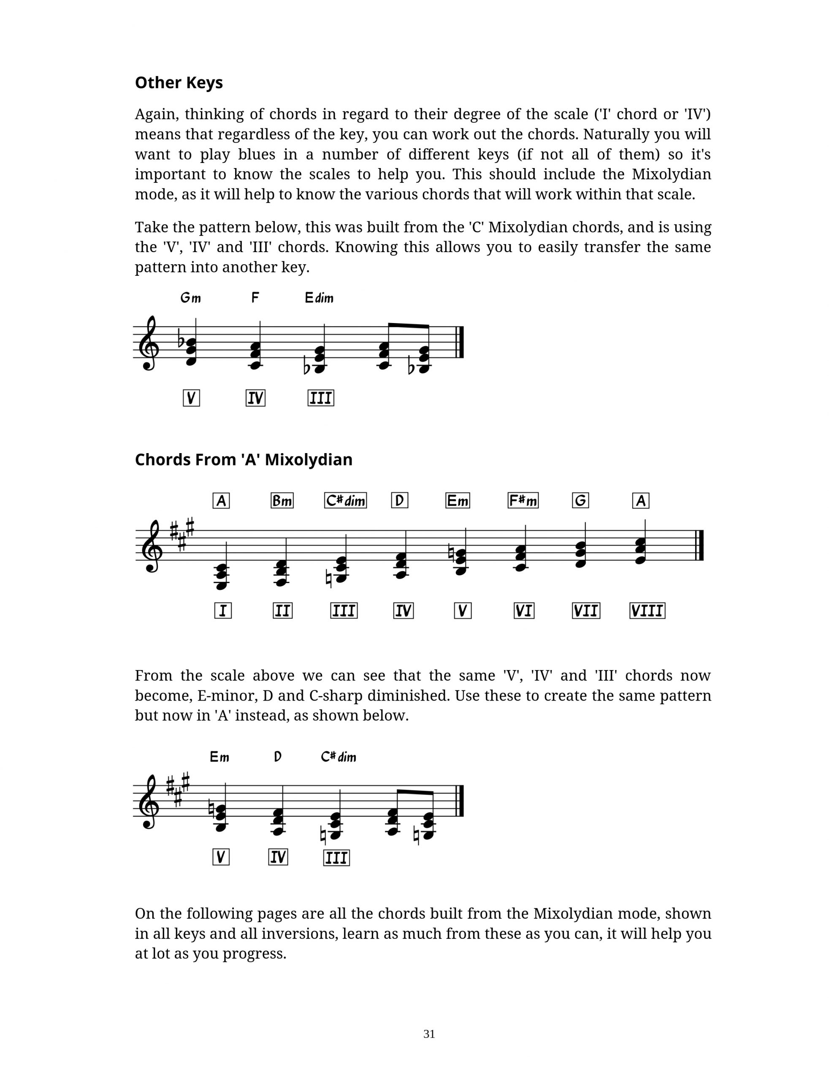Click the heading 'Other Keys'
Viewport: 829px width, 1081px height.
[179, 83]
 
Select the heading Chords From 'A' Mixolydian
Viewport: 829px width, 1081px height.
[243, 459]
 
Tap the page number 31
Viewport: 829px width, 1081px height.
[429, 1034]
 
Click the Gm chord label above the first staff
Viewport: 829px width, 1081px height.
[190, 298]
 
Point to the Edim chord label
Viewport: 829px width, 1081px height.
[319, 298]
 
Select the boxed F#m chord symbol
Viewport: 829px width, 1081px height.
[523, 500]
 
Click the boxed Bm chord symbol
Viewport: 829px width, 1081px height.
[282, 500]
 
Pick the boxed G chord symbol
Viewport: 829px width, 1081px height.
[580, 500]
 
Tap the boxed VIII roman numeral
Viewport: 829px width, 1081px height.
[647, 611]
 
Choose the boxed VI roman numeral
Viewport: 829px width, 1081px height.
[523, 611]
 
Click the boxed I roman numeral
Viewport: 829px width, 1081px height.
[222, 611]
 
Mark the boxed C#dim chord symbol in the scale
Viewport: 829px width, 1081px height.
[345, 500]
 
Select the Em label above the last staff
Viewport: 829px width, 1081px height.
[219, 757]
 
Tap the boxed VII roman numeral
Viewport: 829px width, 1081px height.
[586, 611]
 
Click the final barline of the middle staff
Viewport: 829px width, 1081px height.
[699, 545]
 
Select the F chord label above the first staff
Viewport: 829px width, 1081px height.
[255, 298]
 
